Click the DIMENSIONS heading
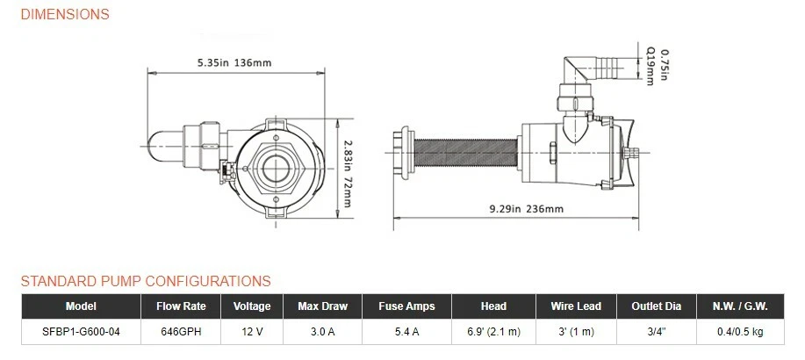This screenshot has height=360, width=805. point(65,14)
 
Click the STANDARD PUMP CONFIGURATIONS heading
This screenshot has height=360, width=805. point(146,282)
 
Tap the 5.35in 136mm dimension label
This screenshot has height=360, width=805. point(234,63)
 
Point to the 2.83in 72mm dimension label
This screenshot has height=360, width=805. point(348,174)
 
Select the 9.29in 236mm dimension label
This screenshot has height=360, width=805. point(526,209)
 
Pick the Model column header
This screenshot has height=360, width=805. point(81,306)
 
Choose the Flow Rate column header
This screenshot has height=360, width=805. point(181,306)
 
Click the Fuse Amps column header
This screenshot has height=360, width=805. point(406,306)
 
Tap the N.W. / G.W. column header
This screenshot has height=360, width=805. point(740,306)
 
